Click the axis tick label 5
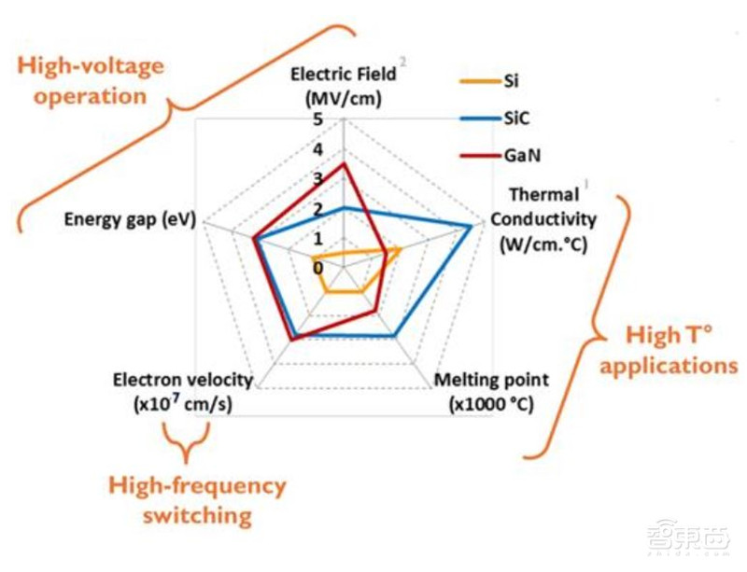pos(318,119)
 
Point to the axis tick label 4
pos(318,149)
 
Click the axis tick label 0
pos(317,268)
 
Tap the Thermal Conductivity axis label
pos(544,219)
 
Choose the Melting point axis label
pos(492,392)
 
